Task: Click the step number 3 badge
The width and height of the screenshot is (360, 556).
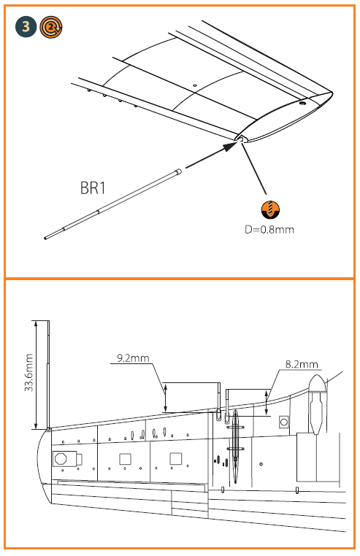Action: coord(26,28)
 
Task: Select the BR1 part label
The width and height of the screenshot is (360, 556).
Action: coord(93,188)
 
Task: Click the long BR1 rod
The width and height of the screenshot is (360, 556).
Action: coord(113,204)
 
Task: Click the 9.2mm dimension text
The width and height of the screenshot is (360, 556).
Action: coord(132,358)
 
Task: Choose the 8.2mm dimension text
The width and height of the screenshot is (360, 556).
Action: coord(301,363)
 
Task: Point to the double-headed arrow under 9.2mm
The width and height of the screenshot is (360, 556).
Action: coord(167,397)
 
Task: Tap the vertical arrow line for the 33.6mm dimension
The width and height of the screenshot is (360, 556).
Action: coord(35,374)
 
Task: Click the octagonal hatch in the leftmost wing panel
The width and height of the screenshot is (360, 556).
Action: coord(62,459)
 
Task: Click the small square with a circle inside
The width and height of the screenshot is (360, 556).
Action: coord(285,422)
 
